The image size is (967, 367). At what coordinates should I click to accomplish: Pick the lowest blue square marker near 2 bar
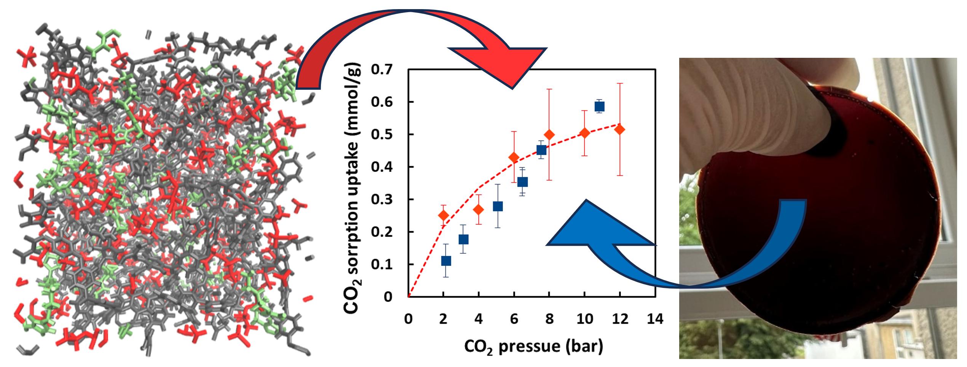(446, 261)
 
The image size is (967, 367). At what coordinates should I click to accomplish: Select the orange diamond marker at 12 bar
(620, 129)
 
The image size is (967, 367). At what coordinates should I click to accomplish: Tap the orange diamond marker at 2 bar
(443, 215)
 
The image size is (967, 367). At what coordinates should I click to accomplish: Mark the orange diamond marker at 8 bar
(549, 135)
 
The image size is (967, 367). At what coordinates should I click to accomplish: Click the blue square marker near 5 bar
(498, 206)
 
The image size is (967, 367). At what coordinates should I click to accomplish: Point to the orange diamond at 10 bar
(585, 133)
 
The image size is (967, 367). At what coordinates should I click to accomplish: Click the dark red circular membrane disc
(819, 236)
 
